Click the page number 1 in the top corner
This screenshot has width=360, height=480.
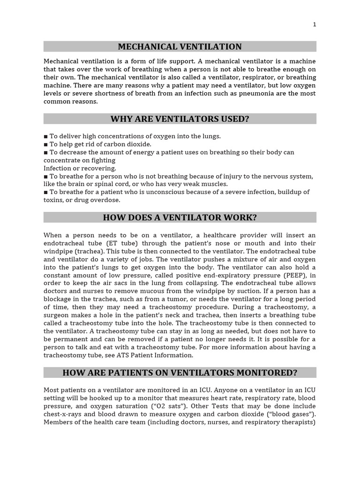coord(315,24)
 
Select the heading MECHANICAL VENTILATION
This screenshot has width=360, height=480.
coord(180,46)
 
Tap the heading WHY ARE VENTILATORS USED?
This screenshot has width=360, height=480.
coord(180,119)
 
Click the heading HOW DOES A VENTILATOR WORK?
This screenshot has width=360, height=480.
coord(180,217)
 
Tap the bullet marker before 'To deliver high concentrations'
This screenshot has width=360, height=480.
coord(46,136)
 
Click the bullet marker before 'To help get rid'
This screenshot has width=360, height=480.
coord(46,144)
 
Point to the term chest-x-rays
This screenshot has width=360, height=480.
coord(63,414)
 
